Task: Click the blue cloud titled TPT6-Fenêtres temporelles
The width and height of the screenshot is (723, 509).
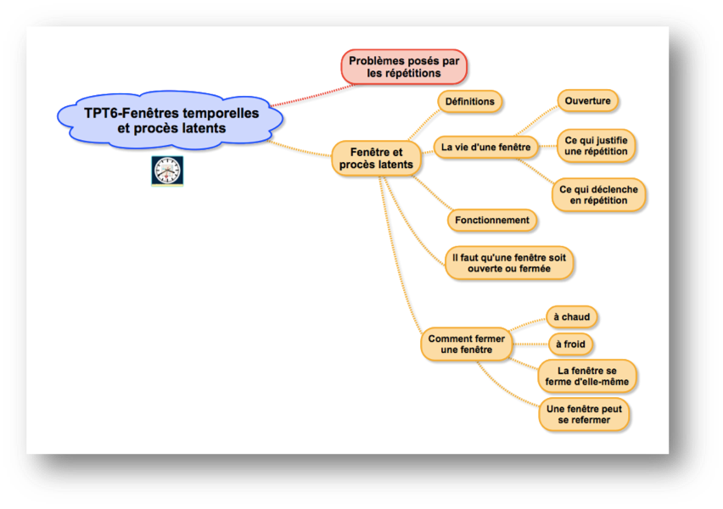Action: coord(171,120)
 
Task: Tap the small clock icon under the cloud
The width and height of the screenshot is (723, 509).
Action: coord(167,171)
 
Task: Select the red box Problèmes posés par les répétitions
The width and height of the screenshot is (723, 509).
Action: coord(404,67)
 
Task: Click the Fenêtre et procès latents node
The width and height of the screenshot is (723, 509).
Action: coord(376,158)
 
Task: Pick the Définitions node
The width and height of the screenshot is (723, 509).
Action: coord(469,102)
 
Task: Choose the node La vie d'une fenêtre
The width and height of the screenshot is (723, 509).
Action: coord(485,148)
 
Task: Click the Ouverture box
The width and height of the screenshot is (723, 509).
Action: coord(587,101)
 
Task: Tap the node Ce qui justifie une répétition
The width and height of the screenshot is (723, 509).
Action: coord(596,146)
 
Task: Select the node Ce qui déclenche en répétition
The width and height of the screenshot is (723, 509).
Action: coord(599,195)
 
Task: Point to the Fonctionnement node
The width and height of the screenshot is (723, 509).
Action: coord(492,221)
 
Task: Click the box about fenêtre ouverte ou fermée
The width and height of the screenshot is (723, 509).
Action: coord(509,262)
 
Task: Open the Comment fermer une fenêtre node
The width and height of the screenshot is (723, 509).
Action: coord(467,344)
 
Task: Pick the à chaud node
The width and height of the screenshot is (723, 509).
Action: coord(571,317)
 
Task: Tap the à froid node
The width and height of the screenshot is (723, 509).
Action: coord(569,344)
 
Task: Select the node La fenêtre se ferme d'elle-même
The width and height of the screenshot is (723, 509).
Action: coord(587,377)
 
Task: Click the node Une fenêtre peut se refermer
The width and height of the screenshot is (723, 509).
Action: coord(585,415)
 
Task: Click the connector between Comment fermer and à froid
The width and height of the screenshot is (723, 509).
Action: coord(529,344)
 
